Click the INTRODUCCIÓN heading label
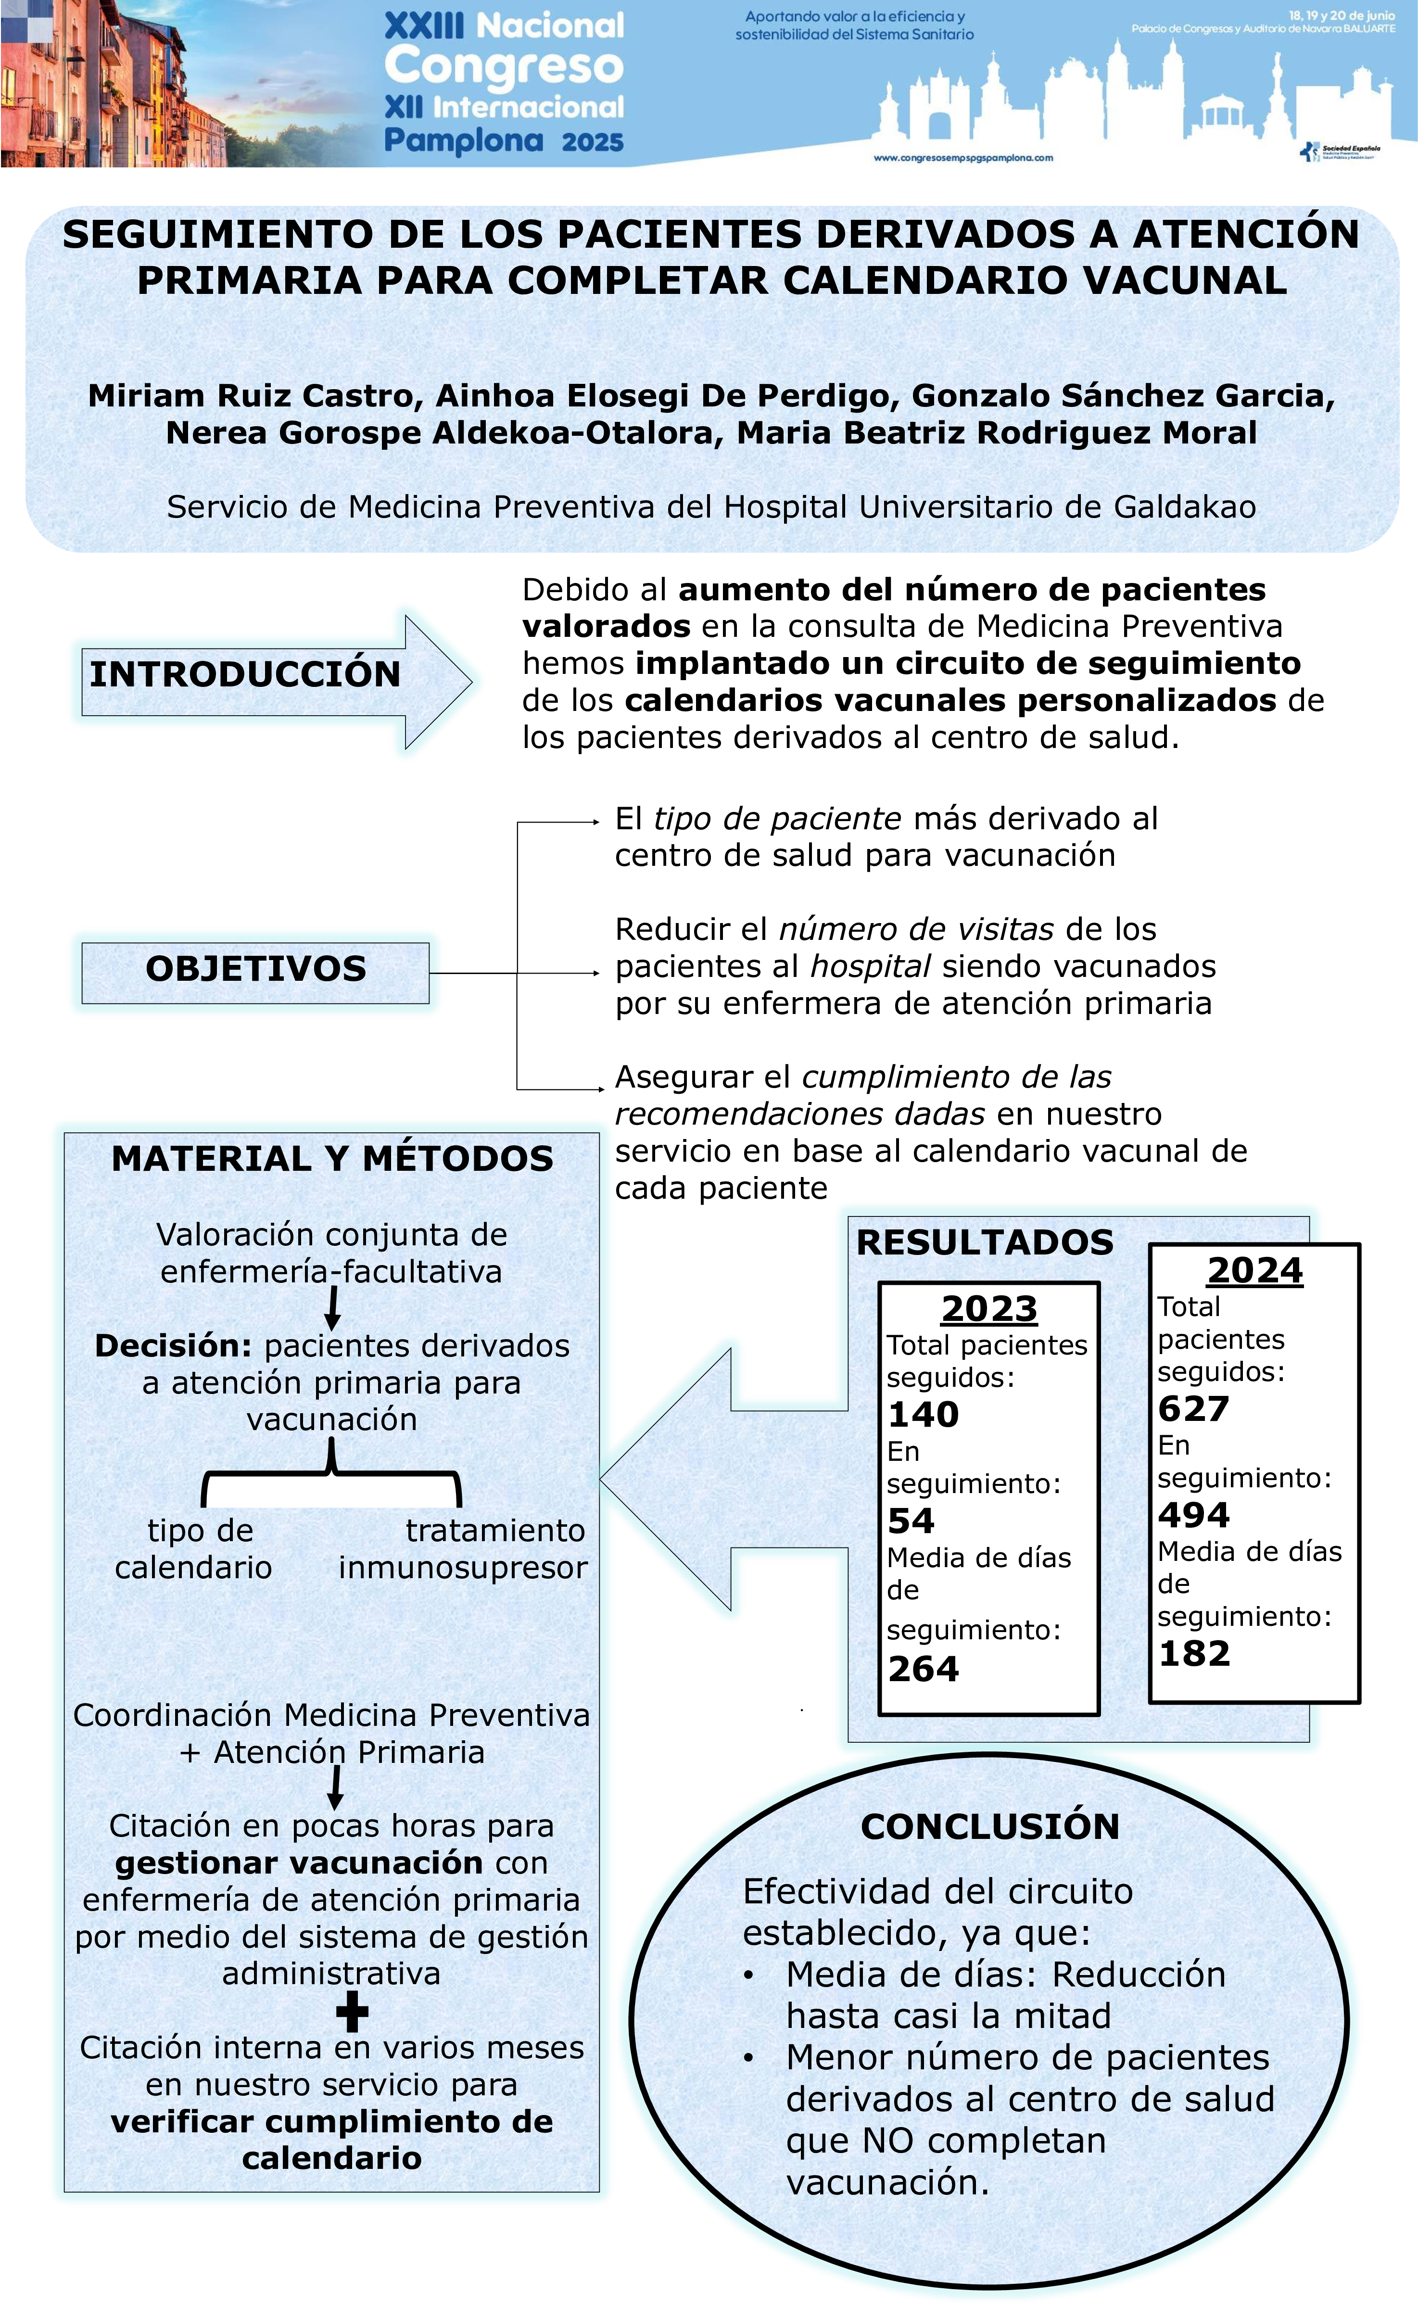[x=245, y=674]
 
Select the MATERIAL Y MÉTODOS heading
[x=332, y=1158]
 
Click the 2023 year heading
[x=989, y=1308]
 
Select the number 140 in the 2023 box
[x=923, y=1414]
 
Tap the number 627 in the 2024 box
[x=1193, y=1408]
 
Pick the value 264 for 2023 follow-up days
[x=923, y=1669]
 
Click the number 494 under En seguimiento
[x=1193, y=1515]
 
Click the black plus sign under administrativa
[x=352, y=2013]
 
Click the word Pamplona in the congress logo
[x=463, y=141]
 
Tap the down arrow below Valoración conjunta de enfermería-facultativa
[x=332, y=1308]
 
